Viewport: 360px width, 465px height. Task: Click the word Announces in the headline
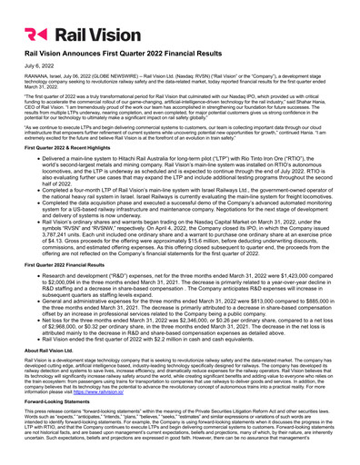tap(99, 56)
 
